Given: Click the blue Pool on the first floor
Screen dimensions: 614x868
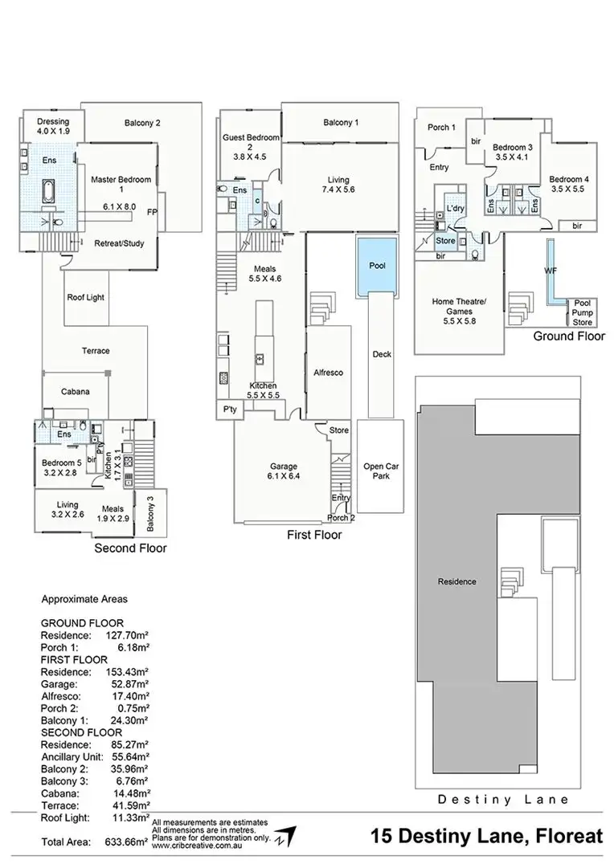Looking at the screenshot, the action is [x=377, y=266].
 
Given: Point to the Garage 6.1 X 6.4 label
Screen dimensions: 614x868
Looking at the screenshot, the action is [x=284, y=471].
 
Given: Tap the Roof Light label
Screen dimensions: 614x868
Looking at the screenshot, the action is [x=87, y=298].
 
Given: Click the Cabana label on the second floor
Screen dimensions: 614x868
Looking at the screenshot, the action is [x=75, y=392].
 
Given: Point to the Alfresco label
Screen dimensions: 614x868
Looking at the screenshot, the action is [x=328, y=373].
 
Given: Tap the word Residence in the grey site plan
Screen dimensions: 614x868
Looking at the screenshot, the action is [x=456, y=581].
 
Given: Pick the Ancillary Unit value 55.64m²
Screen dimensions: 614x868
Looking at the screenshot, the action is [x=128, y=756].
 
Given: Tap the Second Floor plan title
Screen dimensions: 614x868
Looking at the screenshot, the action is [x=130, y=548].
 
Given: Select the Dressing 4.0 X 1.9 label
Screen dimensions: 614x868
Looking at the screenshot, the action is [x=54, y=126].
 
